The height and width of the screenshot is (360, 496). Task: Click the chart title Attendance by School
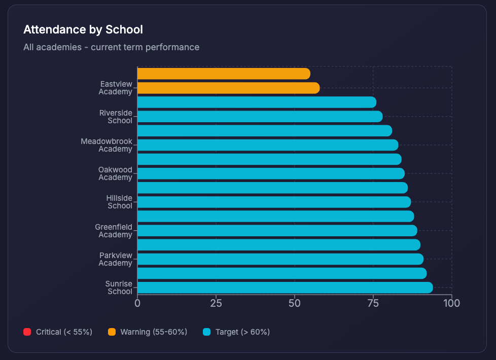[83, 29]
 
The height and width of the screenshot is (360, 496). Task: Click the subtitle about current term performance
[111, 47]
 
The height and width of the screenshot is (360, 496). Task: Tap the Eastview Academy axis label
[116, 88]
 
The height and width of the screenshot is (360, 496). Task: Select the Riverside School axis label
[116, 117]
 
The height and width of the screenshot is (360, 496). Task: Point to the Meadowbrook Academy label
[107, 145]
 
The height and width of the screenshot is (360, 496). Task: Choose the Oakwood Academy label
[115, 173]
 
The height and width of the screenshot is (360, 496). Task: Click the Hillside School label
[119, 202]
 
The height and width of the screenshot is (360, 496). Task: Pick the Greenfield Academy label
[114, 231]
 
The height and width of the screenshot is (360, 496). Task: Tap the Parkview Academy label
[116, 259]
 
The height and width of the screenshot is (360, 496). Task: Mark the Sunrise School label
[119, 287]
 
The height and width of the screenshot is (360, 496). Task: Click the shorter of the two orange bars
[223, 74]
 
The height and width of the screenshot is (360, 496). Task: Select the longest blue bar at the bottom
[285, 287]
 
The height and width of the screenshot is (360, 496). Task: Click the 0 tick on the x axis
[137, 303]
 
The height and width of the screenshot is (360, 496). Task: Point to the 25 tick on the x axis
[216, 303]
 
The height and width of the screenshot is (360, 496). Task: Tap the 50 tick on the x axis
[295, 303]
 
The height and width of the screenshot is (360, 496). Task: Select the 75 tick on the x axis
[373, 303]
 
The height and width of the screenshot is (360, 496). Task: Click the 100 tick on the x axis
[451, 303]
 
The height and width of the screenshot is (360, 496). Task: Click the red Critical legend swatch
[27, 332]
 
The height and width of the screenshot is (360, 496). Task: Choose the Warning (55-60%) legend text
[154, 332]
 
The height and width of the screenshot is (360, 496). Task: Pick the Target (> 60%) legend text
[242, 332]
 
